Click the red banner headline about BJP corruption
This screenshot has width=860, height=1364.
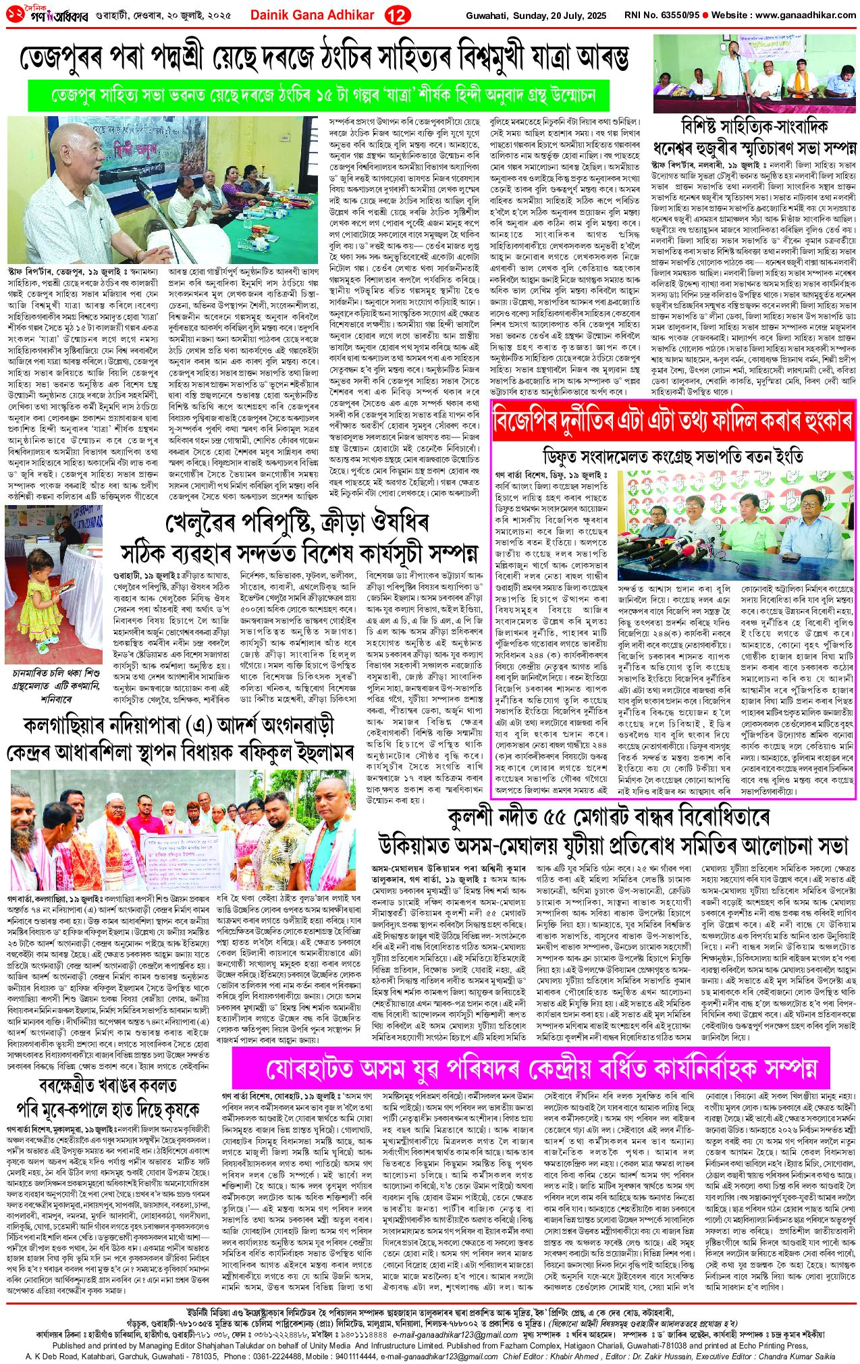(x=672, y=422)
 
